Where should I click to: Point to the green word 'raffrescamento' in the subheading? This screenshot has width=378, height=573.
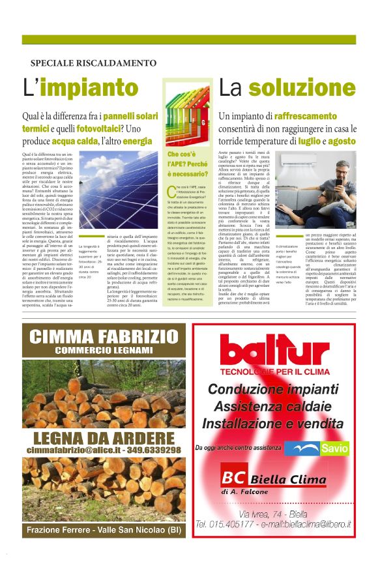click(292, 116)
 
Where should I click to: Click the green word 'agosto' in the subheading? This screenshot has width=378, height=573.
click(342, 140)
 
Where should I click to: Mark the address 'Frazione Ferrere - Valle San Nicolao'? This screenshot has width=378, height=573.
click(104, 530)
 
